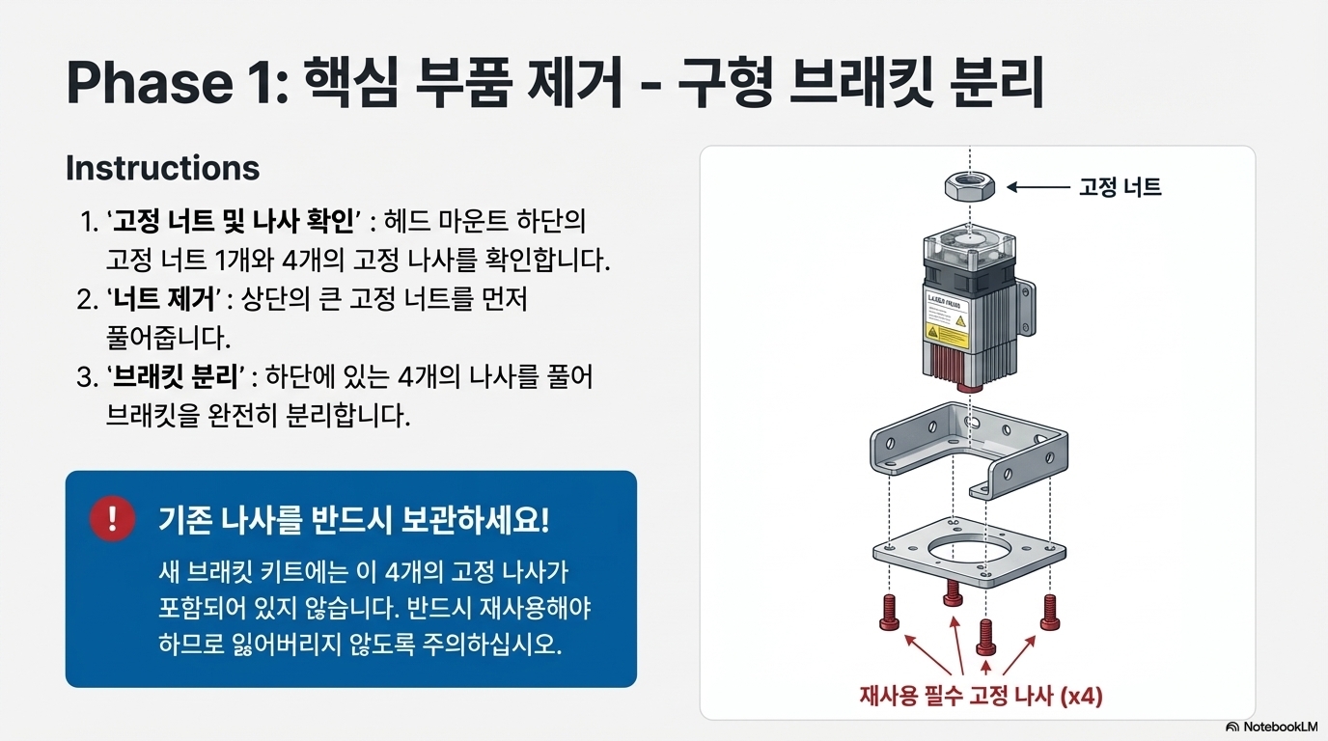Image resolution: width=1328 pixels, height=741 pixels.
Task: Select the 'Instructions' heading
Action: click(162, 168)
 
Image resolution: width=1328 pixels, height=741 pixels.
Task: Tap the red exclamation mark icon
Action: click(113, 519)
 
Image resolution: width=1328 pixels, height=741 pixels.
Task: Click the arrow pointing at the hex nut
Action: click(1037, 187)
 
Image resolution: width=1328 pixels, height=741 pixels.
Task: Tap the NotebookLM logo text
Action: click(1277, 727)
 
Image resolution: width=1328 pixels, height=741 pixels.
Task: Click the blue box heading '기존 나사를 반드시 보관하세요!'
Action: click(353, 521)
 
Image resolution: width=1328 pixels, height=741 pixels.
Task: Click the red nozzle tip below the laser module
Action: click(968, 383)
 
